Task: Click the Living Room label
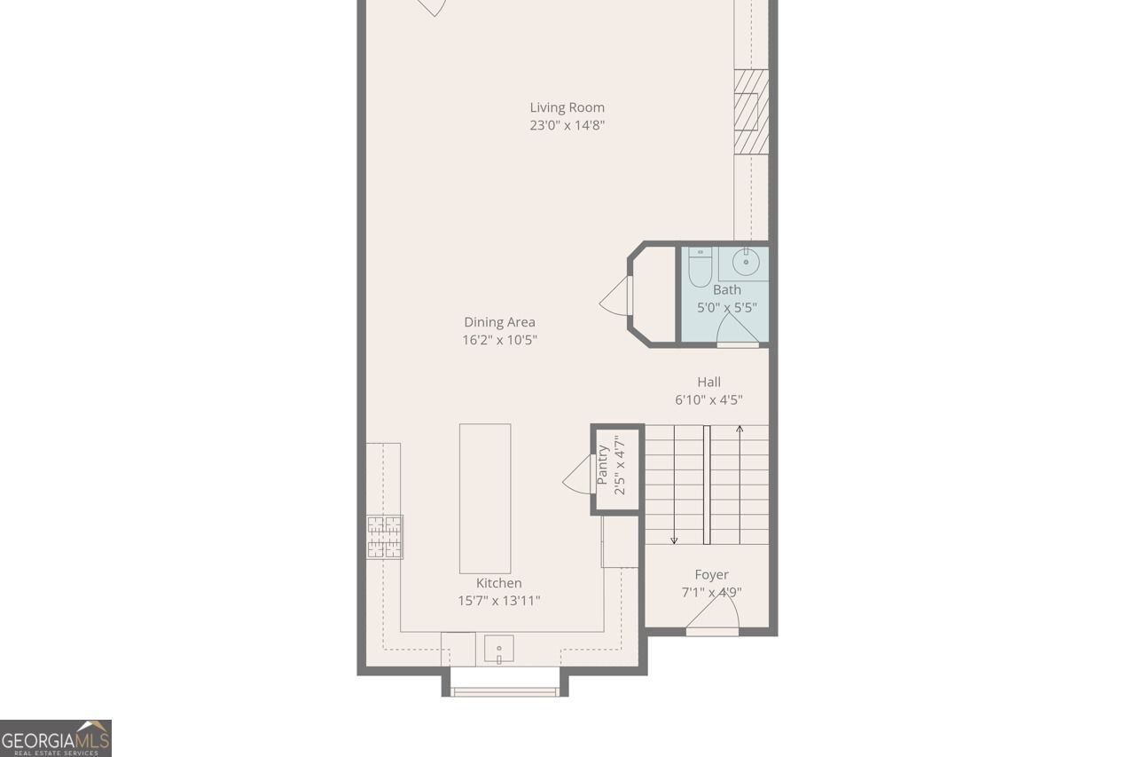[567, 107]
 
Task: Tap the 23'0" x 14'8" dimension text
[567, 126]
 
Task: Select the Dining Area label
[499, 322]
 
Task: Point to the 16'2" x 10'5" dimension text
[499, 340]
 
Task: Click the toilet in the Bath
[700, 267]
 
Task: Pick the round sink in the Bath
[746, 261]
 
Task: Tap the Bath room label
[727, 289]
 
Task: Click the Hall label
[708, 382]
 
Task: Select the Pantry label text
[603, 464]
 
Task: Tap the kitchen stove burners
[385, 537]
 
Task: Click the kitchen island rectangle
[485, 498]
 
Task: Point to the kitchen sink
[499, 651]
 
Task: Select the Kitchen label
[499, 583]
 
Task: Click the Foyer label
[711, 575]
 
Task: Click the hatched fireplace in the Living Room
[750, 111]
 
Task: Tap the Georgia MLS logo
[56, 738]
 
